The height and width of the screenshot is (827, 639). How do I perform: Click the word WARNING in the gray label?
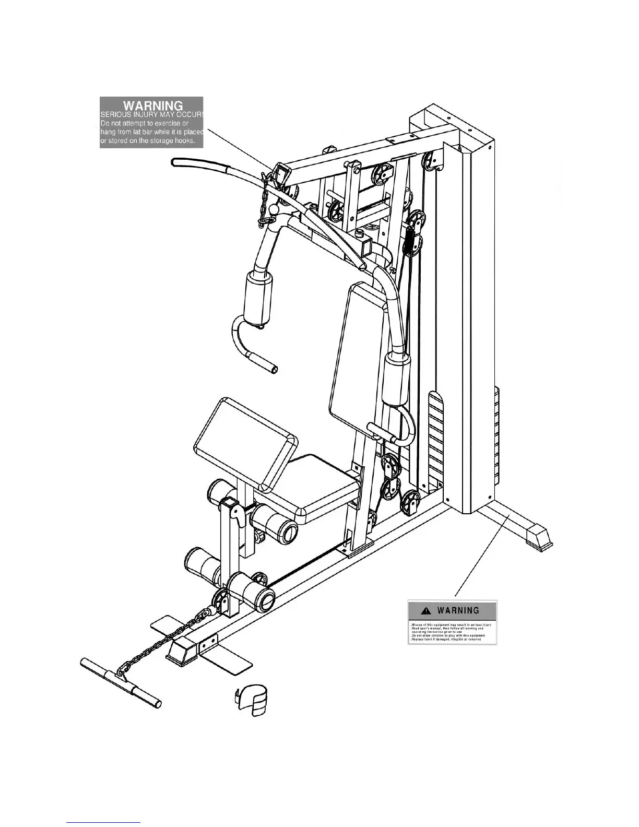pos(152,105)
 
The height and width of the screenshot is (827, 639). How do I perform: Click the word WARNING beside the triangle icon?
pos(458,610)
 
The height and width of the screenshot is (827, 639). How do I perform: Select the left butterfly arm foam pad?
pos(259,300)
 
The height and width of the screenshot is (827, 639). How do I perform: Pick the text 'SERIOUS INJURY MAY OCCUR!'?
pos(151,115)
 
